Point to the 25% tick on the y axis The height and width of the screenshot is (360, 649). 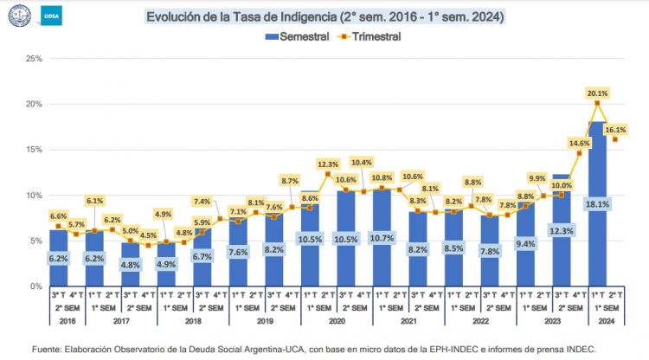point(34,59)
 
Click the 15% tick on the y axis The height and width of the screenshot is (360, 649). point(34,150)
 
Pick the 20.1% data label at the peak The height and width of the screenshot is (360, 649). point(597,92)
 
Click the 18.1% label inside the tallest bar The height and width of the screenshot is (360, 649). point(597,204)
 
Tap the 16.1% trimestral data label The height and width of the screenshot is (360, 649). point(614,129)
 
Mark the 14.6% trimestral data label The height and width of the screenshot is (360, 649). point(579,143)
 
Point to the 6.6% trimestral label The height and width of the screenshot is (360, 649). point(59,215)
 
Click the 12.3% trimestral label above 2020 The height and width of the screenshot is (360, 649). point(328,164)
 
